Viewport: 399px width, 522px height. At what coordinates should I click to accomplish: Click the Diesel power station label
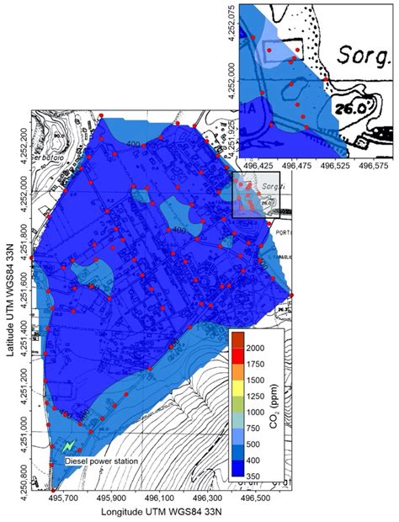102,461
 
